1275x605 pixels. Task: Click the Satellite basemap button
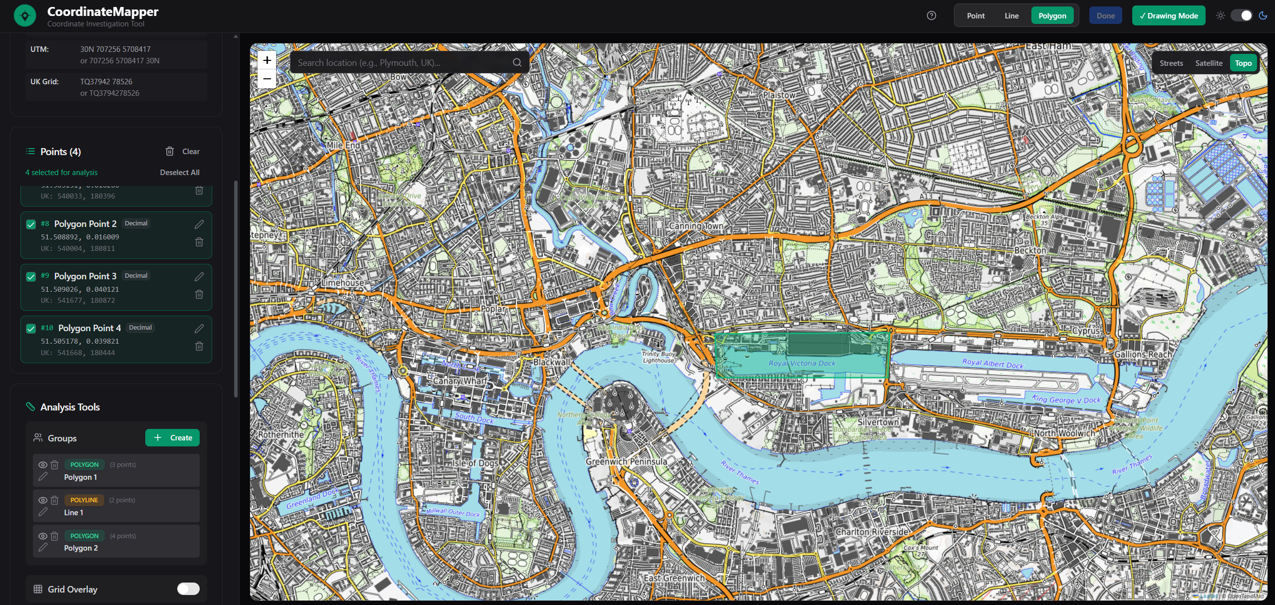[1208, 63]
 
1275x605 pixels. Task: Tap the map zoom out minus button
[267, 79]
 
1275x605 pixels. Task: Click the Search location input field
[402, 63]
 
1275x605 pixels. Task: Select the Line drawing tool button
[1011, 15]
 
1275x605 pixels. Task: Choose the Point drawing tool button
[975, 15]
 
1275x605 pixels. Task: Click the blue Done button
[1105, 15]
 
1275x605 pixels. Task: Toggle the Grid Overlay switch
[188, 589]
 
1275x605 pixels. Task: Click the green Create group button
[172, 437]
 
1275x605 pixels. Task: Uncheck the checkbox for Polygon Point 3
[31, 276]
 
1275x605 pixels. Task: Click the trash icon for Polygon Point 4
[199, 346]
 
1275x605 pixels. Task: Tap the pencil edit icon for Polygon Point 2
[199, 224]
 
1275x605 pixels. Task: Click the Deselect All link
[179, 173]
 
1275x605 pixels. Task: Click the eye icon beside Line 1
[43, 500]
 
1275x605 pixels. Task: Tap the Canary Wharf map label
[459, 381]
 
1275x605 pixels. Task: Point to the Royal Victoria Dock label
[802, 363]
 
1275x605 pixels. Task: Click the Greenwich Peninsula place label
[626, 462]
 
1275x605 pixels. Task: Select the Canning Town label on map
[696, 226]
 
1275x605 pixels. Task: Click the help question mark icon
[931, 15]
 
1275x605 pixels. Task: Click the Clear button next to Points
[183, 152]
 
